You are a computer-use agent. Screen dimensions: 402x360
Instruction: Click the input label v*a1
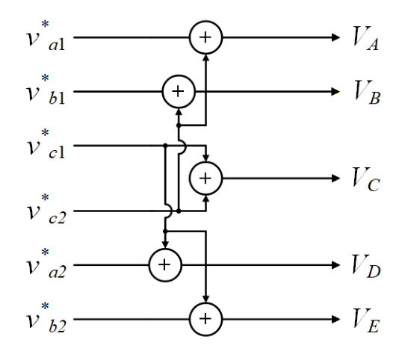click(46, 36)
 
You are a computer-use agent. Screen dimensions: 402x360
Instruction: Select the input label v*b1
click(46, 90)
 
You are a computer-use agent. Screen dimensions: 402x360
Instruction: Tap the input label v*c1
click(46, 144)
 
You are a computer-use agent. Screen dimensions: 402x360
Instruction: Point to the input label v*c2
click(46, 209)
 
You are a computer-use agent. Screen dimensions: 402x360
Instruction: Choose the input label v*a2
click(46, 264)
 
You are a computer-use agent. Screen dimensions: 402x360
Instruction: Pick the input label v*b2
click(46, 317)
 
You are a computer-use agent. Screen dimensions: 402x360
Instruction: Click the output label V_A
click(365, 38)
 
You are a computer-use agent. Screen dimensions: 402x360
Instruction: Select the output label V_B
click(367, 93)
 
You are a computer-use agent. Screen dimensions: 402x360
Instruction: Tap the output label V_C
click(366, 179)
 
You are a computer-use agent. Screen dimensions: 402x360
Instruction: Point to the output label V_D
click(366, 265)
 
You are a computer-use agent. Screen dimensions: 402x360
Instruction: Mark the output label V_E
click(365, 320)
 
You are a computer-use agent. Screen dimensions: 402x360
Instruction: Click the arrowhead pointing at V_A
click(335, 37)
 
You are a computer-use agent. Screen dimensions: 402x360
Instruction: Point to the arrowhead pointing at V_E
click(335, 319)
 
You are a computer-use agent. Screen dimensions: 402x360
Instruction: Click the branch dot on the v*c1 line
click(165, 146)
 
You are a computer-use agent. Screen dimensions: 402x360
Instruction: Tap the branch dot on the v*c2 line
click(179, 211)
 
